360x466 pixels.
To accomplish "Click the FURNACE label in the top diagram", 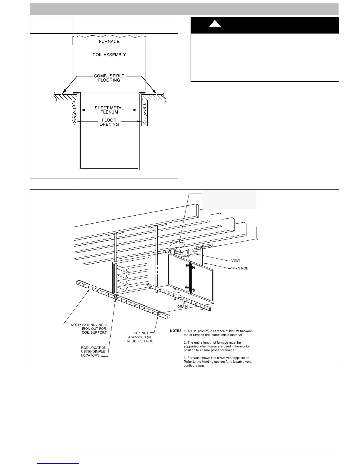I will tap(109, 41).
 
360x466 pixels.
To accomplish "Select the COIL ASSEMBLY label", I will tap(109, 55).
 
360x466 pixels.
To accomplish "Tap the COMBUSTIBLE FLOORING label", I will tap(109, 78).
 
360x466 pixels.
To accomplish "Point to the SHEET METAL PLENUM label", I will tap(109, 110).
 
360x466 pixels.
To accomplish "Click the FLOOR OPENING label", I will tap(109, 122).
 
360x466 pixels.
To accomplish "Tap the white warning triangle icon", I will tap(215, 24).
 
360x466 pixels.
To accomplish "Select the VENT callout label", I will tap(236, 261).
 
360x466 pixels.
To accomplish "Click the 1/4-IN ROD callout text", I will tap(240, 268).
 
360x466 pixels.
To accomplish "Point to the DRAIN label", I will tap(182, 307).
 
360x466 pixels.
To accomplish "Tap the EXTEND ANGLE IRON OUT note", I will tap(89, 329).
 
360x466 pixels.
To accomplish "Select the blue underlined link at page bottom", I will tap(59, 463).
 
